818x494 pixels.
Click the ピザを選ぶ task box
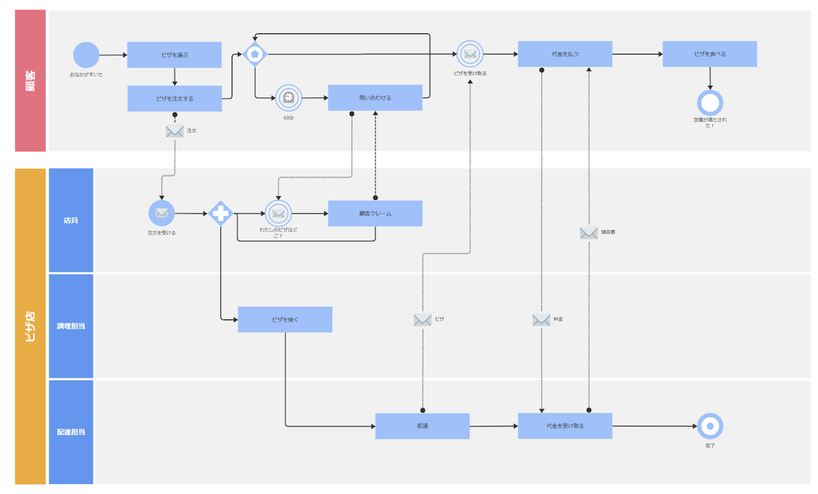pyautogui.click(x=175, y=55)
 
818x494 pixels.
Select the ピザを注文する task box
pyautogui.click(x=175, y=98)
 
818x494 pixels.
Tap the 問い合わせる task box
pyautogui.click(x=375, y=97)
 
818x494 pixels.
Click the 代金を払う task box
pyautogui.click(x=564, y=54)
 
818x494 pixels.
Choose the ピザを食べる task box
pyautogui.click(x=710, y=54)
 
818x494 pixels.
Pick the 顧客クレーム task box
pyautogui.click(x=375, y=213)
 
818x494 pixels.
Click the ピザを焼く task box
pyautogui.click(x=285, y=320)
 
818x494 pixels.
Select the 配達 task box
pyautogui.click(x=422, y=426)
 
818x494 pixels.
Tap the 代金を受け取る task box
pyautogui.click(x=564, y=426)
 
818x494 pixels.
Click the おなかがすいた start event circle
pyautogui.click(x=86, y=55)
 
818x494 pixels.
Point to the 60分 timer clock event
pyautogui.click(x=288, y=98)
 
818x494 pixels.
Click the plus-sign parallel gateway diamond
pyautogui.click(x=220, y=213)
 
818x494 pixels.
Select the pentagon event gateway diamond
pyautogui.click(x=255, y=54)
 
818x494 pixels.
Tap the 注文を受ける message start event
pyautogui.click(x=162, y=213)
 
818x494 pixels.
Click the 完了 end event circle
pyautogui.click(x=710, y=426)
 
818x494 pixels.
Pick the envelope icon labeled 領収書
pyautogui.click(x=588, y=233)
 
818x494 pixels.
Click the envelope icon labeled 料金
pyautogui.click(x=541, y=320)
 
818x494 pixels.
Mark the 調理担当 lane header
pyautogui.click(x=71, y=326)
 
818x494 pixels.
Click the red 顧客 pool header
pyautogui.click(x=31, y=80)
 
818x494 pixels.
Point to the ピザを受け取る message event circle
pyautogui.click(x=470, y=54)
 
